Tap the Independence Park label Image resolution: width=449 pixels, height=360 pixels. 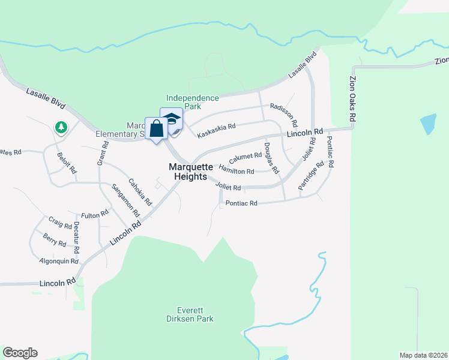point(192,102)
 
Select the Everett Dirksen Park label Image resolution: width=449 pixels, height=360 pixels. point(190,314)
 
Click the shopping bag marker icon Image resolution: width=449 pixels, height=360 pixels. point(157,129)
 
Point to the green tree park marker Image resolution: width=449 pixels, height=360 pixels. point(61,127)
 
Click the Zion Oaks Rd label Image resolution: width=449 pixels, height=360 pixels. point(353,98)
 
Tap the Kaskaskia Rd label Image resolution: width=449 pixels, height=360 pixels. point(216,130)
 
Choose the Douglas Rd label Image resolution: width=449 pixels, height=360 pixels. point(271,158)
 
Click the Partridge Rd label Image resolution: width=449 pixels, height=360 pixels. point(311,176)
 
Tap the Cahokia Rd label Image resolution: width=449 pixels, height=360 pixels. point(140,193)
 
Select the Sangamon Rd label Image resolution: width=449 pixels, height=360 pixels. point(125,200)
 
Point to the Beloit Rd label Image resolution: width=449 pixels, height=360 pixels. point(67,162)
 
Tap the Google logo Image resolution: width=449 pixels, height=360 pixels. point(20,353)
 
